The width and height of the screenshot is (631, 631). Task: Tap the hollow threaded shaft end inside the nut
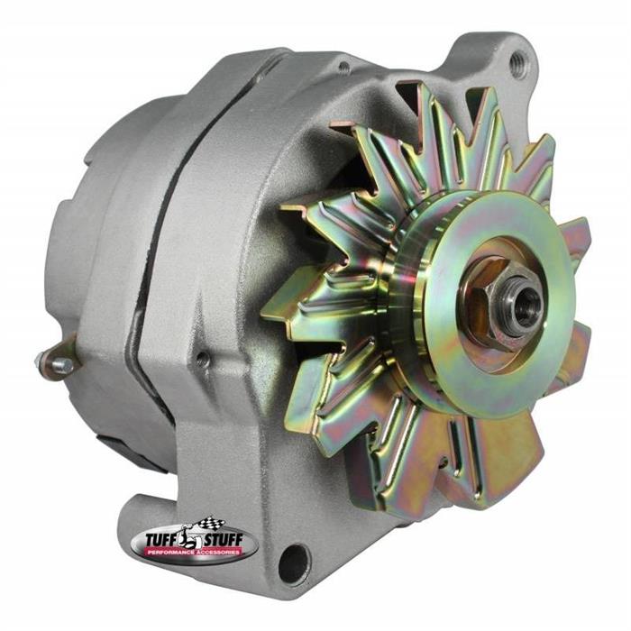522,302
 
